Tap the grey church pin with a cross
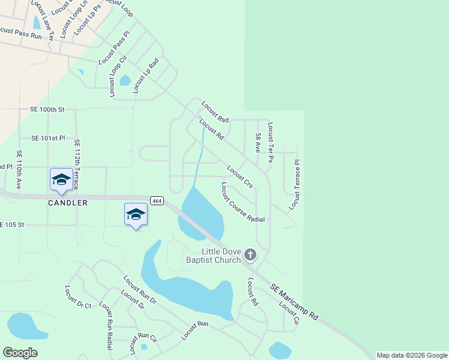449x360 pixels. [250, 255]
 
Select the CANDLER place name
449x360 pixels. [68, 203]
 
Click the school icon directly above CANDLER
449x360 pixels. [61, 179]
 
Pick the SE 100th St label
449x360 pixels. [47, 110]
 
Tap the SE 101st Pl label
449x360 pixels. [47, 138]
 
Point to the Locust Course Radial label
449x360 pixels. [243, 203]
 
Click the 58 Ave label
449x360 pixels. [258, 142]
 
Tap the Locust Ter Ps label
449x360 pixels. [271, 142]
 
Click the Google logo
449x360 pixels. [20, 353]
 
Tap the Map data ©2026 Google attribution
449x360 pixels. [412, 355]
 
